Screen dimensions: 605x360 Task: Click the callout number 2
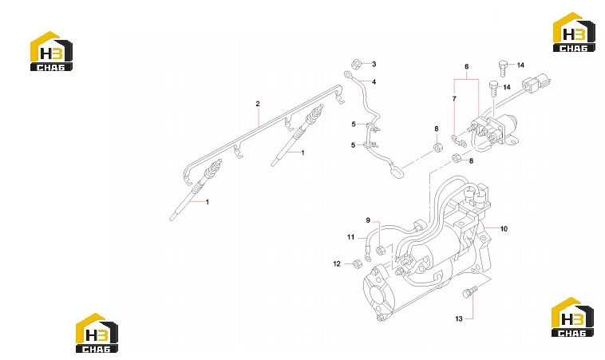258,104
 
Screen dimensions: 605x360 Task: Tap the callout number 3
374,64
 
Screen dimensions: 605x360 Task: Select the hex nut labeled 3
356,64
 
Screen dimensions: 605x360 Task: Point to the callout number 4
374,81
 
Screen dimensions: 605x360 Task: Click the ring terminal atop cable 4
348,74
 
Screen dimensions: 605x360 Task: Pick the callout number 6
466,66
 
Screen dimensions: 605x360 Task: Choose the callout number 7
454,99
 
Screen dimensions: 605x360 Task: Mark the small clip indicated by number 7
458,140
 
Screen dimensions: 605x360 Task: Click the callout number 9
368,220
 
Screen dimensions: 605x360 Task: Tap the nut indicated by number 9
380,250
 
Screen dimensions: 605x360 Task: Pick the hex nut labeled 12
358,264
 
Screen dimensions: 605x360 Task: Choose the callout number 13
458,318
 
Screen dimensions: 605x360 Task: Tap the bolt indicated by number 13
469,292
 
